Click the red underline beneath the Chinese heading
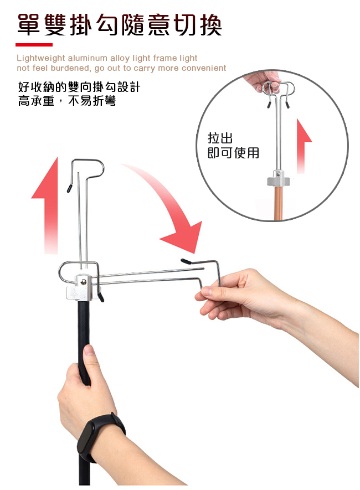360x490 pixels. click(34, 45)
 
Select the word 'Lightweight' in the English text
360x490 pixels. click(41, 59)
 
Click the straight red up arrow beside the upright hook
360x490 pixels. click(47, 207)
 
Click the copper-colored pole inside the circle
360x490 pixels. click(279, 203)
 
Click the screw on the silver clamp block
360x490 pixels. click(84, 282)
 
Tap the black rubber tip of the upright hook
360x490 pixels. click(69, 188)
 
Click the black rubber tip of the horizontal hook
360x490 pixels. click(186, 261)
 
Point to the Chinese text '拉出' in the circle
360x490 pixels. click(220, 138)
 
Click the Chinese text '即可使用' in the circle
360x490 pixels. click(233, 153)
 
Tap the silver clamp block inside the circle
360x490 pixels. click(278, 178)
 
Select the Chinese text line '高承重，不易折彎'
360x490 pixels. click(67, 101)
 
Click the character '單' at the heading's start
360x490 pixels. click(28, 25)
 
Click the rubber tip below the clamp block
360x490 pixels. click(101, 297)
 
